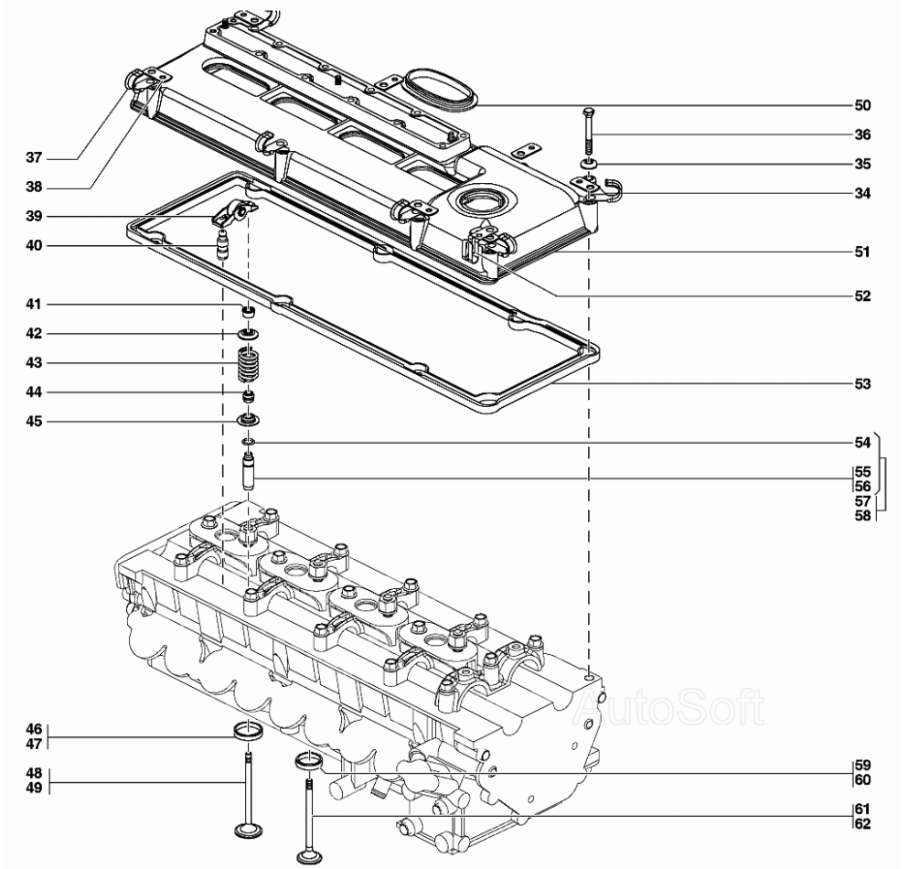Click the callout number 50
pos(862,105)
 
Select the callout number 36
pos(862,134)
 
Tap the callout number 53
pos(862,384)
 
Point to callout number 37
pos(34,157)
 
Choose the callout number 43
pos(34,363)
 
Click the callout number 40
pos(34,246)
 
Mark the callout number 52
pos(862,296)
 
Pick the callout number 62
pos(862,824)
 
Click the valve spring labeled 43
pos(248,363)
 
